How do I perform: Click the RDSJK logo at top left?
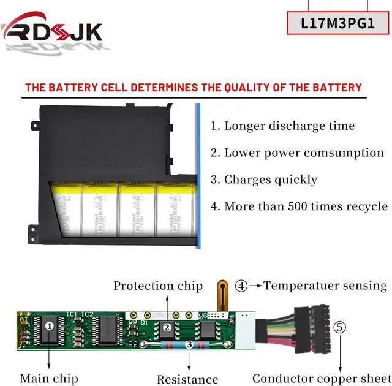52,31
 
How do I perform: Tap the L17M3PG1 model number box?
338,23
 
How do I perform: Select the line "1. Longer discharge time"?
283,126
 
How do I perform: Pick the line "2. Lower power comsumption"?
297,153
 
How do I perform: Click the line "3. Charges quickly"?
264,180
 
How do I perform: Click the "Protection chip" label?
158,286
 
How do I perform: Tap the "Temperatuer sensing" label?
325,286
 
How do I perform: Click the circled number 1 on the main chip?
49,327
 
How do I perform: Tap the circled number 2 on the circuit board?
167,328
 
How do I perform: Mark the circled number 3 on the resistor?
189,346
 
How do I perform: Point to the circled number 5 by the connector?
340,327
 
